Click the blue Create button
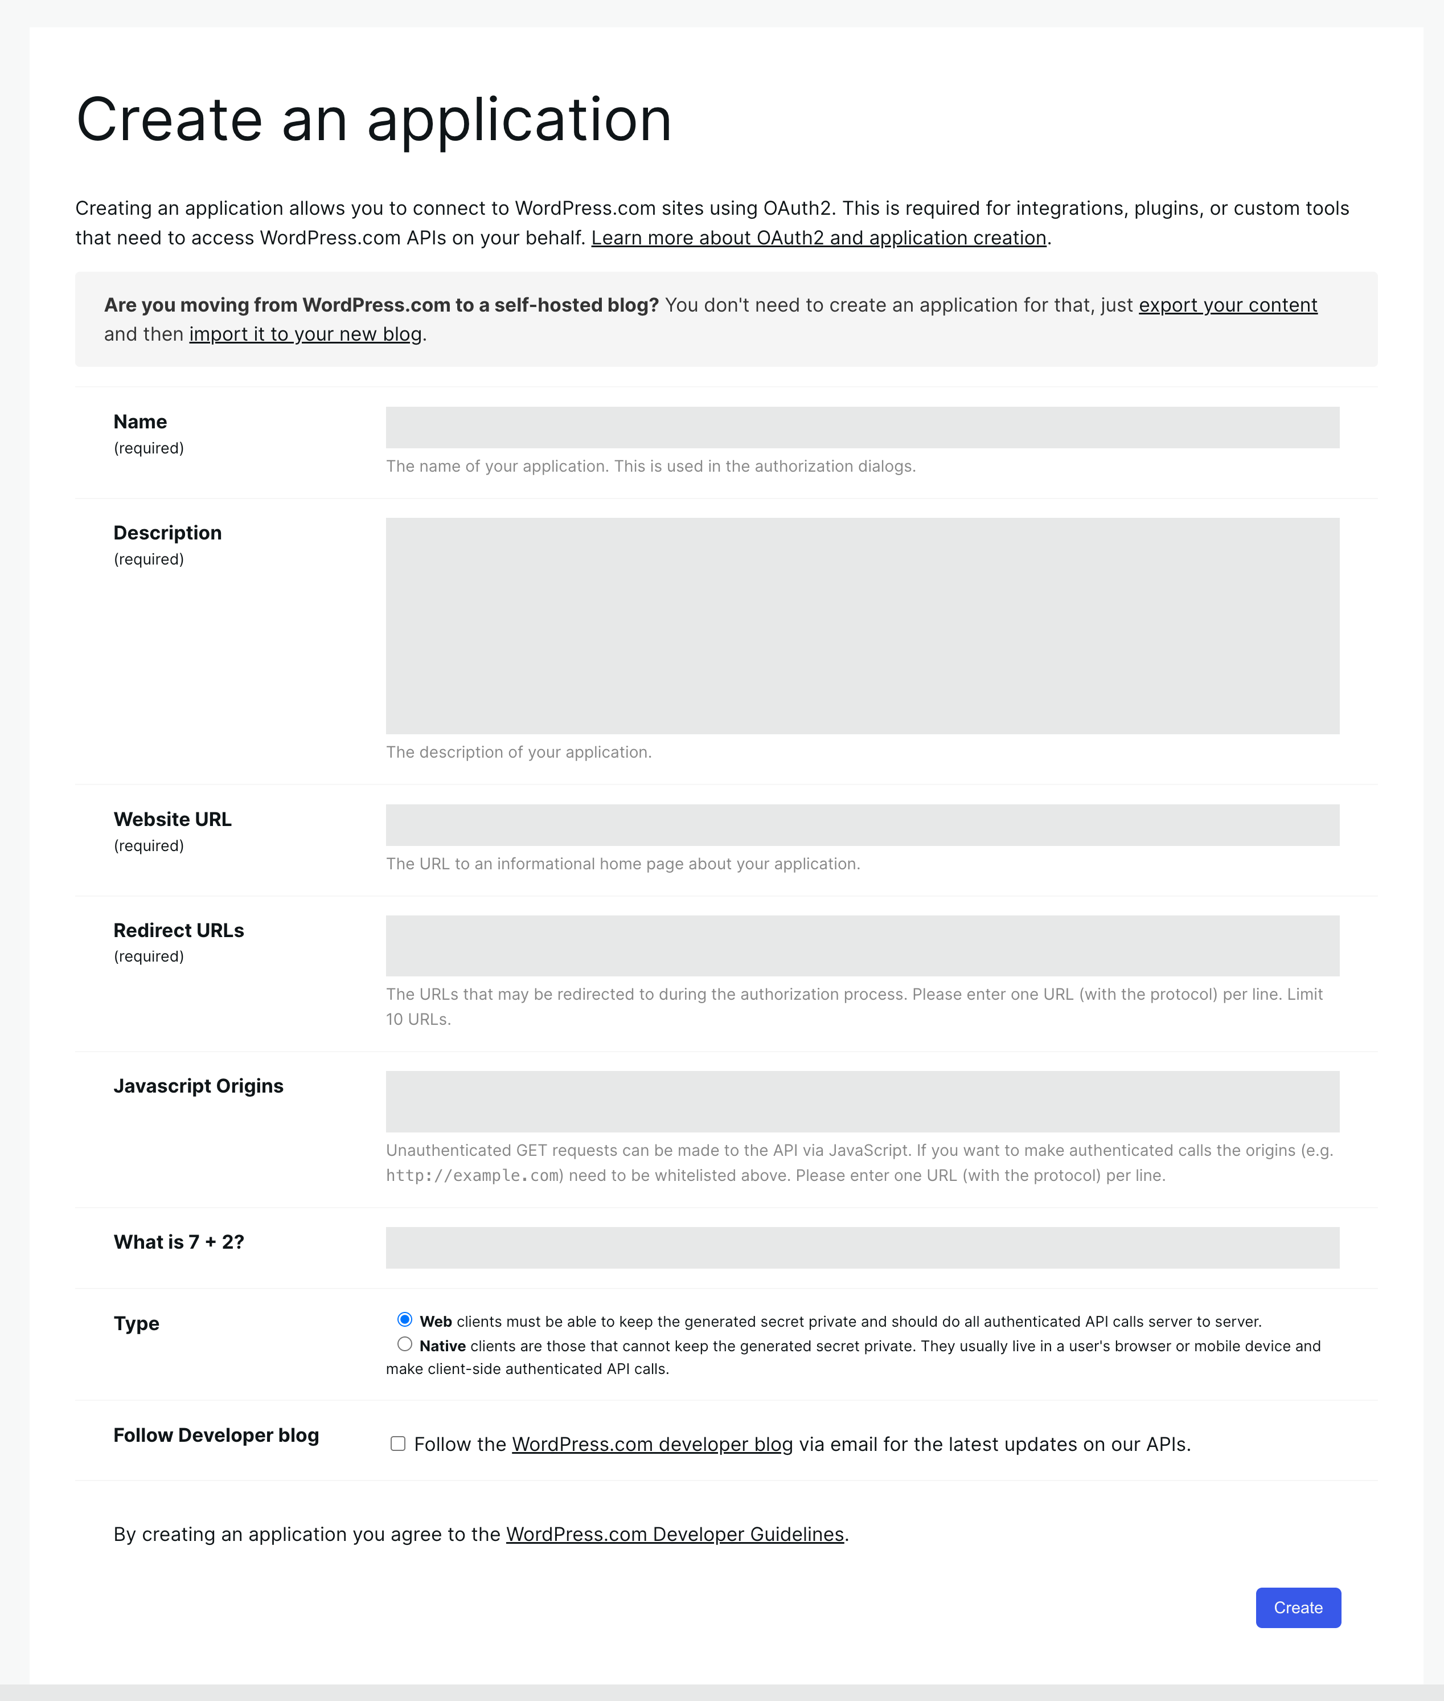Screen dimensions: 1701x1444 click(1298, 1608)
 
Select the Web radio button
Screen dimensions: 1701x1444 click(404, 1319)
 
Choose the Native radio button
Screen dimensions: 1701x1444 click(404, 1344)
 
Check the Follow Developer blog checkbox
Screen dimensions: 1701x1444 click(398, 1444)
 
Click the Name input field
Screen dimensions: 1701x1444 click(862, 427)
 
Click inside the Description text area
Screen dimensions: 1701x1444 click(862, 625)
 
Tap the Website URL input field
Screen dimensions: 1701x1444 click(862, 825)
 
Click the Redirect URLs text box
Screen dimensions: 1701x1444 click(862, 946)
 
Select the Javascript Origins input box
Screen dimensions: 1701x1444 click(862, 1102)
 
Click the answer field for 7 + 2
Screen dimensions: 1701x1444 click(862, 1248)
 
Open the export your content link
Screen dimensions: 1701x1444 click(1227, 305)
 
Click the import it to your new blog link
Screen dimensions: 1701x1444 click(305, 334)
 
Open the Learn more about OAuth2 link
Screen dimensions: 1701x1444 click(819, 238)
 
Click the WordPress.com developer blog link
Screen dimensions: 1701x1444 click(651, 1445)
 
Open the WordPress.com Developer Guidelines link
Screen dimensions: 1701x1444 click(675, 1535)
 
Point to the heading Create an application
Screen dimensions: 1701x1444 click(374, 120)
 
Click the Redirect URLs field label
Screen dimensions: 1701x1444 click(178, 930)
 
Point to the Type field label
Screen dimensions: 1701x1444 click(137, 1323)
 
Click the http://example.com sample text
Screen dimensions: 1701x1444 click(473, 1176)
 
